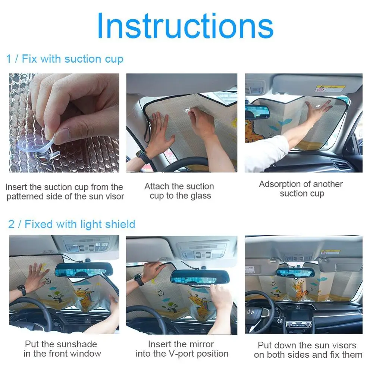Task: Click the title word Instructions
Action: [185, 26]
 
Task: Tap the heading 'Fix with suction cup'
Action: [73, 59]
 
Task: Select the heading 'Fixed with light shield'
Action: [80, 224]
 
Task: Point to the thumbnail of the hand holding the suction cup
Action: [64, 123]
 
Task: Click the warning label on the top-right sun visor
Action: [330, 88]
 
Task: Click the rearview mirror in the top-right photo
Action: [257, 112]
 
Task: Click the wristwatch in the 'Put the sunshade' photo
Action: [22, 290]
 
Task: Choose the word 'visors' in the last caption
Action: [345, 345]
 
